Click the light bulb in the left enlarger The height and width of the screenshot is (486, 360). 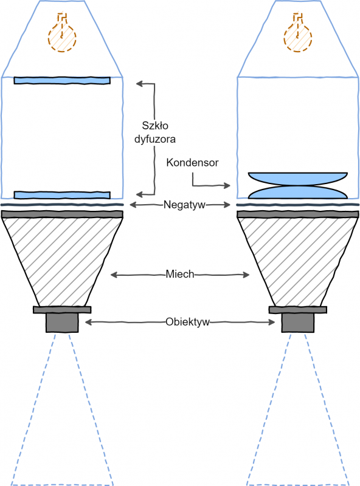pyautogui.click(x=62, y=36)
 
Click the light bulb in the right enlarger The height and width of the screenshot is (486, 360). pyautogui.click(x=297, y=36)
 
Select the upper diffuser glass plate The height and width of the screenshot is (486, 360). pyautogui.click(x=62, y=81)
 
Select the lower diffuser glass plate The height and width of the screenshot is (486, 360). pyautogui.click(x=62, y=195)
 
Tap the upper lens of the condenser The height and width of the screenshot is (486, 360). pyautogui.click(x=297, y=179)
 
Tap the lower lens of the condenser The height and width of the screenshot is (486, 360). pyautogui.click(x=297, y=193)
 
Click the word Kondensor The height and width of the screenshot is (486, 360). pyautogui.click(x=192, y=162)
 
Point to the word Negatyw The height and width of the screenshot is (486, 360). pyautogui.click(x=184, y=205)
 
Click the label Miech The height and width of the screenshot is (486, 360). pyautogui.click(x=179, y=274)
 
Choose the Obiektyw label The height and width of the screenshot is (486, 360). pyautogui.click(x=187, y=322)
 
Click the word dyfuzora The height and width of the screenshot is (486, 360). pyautogui.click(x=155, y=139)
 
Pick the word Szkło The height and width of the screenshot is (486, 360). pyautogui.click(x=155, y=126)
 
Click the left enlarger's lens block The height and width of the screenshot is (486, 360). pyautogui.click(x=62, y=323)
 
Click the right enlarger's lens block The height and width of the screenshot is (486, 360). pyautogui.click(x=297, y=323)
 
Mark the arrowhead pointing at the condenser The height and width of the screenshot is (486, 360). pyautogui.click(x=227, y=185)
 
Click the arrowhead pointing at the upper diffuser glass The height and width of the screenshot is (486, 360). pyautogui.click(x=139, y=83)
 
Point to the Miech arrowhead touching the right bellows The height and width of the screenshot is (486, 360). pyautogui.click(x=246, y=275)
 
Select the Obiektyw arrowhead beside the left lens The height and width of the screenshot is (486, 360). pyautogui.click(x=88, y=323)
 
